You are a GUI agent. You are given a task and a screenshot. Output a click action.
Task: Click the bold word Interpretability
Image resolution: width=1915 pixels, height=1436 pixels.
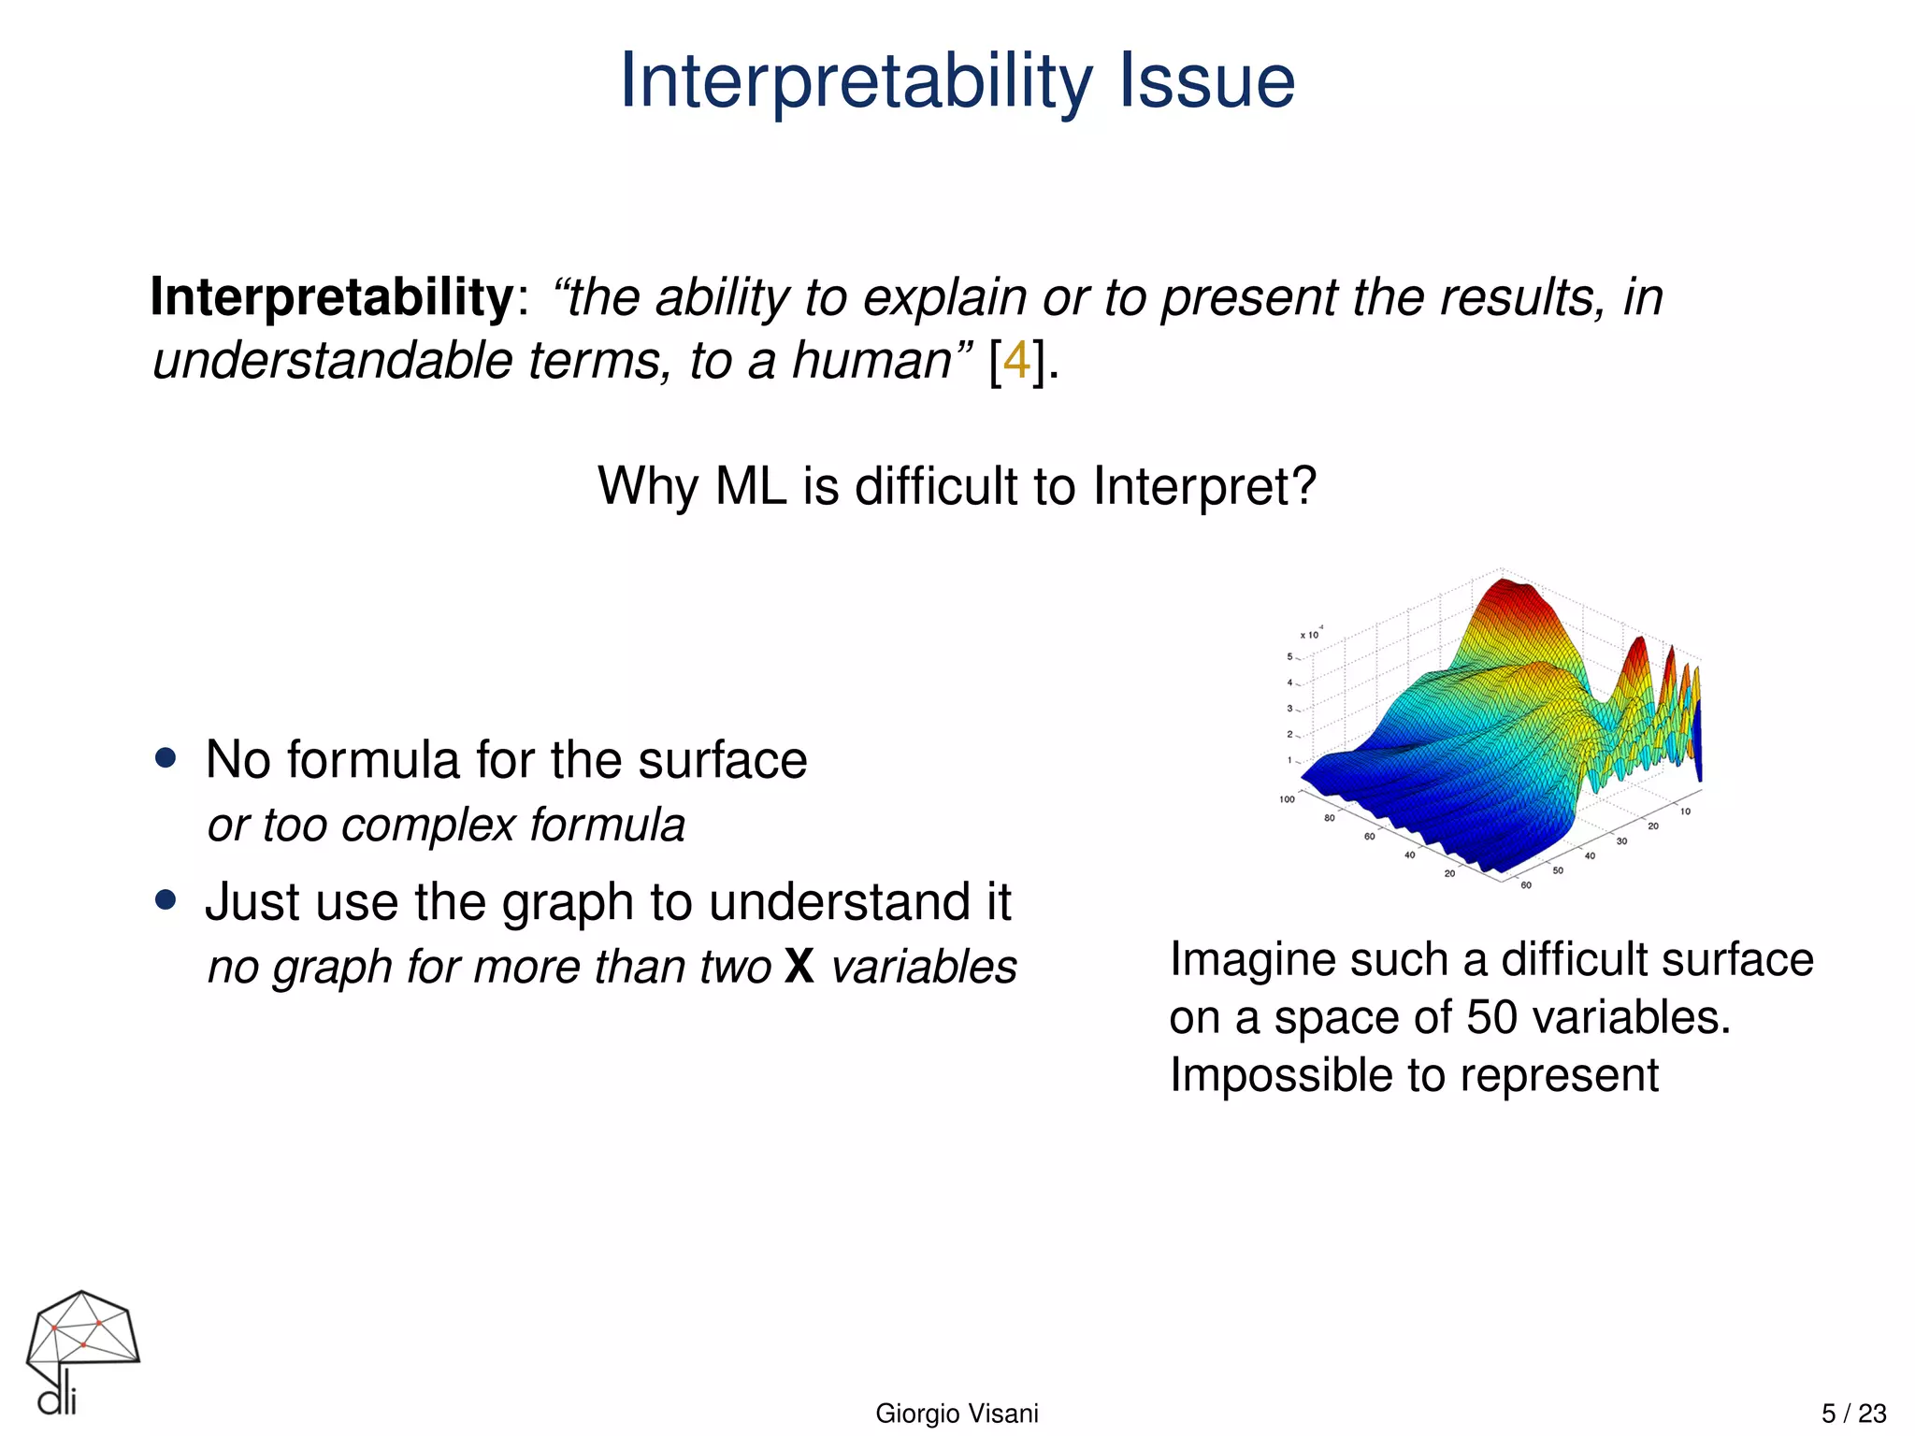332,297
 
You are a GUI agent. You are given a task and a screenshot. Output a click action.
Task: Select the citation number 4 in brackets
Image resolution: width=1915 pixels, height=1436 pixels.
1018,361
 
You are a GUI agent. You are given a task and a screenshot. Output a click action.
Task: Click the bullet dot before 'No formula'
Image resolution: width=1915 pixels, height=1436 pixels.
166,758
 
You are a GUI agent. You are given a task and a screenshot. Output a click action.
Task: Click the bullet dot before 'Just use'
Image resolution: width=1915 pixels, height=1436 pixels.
166,900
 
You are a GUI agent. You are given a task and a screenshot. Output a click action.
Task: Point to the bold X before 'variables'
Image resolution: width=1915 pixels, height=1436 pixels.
799,967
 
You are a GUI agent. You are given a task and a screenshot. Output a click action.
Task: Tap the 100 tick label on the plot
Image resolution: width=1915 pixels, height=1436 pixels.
1287,799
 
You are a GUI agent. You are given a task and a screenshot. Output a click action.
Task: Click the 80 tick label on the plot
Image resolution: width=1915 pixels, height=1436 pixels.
1329,818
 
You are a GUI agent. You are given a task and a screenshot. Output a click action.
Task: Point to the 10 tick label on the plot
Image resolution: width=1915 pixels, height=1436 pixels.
1685,811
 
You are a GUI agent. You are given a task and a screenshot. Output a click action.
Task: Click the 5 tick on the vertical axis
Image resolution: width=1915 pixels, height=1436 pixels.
1289,657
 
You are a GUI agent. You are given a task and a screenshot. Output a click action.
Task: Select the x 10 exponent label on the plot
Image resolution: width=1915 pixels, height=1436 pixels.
1310,635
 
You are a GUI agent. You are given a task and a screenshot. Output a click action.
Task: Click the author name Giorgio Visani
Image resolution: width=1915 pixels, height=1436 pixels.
957,1414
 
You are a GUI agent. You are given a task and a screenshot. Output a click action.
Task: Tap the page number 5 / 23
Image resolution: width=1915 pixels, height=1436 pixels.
1853,1414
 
